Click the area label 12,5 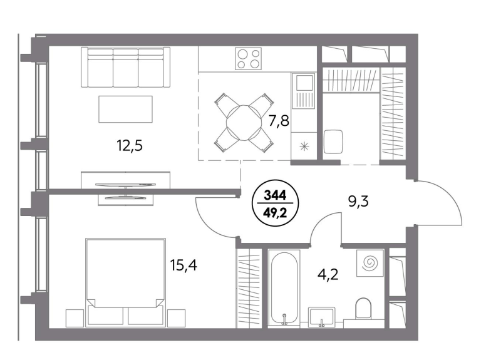click(x=130, y=145)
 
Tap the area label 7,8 click(x=279, y=120)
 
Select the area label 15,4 click(x=183, y=265)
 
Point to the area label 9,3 click(x=358, y=202)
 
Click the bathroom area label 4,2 click(x=328, y=275)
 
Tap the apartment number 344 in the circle click(x=276, y=195)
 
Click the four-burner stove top click(x=248, y=59)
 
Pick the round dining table click(x=244, y=123)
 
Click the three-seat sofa click(x=125, y=67)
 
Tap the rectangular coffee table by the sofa click(x=125, y=109)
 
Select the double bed click(x=125, y=282)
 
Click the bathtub click(x=284, y=287)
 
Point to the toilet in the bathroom click(x=363, y=308)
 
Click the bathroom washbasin click(x=322, y=317)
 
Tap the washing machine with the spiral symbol click(x=370, y=263)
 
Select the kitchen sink click(x=303, y=91)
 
